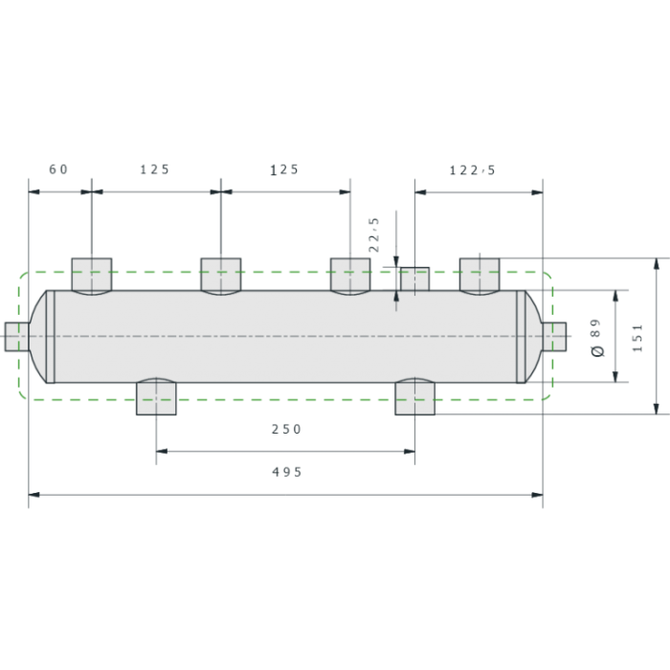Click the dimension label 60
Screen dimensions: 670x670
[58, 169]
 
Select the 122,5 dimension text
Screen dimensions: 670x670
[472, 170]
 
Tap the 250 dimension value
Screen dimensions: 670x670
[286, 429]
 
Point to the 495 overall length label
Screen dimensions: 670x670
[287, 472]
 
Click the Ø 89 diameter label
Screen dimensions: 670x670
[597, 338]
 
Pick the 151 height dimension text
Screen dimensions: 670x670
[637, 338]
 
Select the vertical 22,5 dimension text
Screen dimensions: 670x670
[374, 234]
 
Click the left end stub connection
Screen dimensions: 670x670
[16, 337]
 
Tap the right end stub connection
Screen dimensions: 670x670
[554, 337]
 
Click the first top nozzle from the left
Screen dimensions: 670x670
[92, 276]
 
